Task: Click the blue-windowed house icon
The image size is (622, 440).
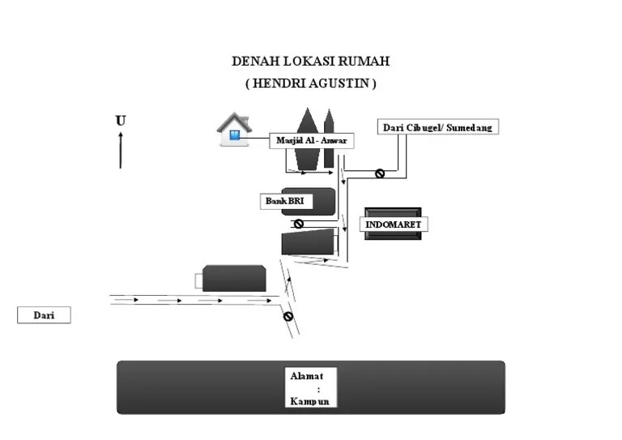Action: pos(234,130)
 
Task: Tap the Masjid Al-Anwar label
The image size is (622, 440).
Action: pos(311,141)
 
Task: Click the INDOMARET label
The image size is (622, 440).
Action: pos(394,224)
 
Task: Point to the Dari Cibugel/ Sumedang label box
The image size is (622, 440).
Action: pos(437,127)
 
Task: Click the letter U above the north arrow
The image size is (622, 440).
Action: pos(121,121)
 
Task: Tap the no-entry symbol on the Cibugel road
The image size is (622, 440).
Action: pos(379,173)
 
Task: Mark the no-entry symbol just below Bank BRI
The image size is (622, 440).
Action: pos(298,224)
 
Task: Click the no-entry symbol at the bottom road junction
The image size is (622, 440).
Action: pos(288,316)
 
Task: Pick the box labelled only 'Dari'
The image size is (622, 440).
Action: pos(44,315)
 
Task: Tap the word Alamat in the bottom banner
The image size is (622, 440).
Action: pos(307,376)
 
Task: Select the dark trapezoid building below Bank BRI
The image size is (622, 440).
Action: pos(308,241)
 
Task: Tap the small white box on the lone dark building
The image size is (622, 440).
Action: pos(199,280)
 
